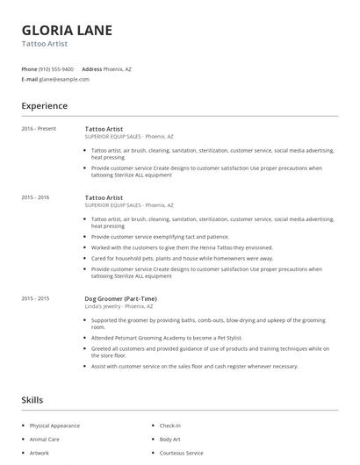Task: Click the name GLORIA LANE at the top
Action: point(67,30)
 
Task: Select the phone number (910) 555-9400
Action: point(57,68)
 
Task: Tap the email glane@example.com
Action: point(64,79)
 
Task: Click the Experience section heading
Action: point(44,106)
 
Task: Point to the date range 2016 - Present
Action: point(39,128)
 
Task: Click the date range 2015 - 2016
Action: point(35,197)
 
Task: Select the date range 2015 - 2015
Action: point(35,298)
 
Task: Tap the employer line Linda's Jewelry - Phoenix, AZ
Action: point(119,306)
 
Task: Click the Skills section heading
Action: point(32,400)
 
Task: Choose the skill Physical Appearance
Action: point(54,426)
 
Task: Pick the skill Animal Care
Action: point(44,439)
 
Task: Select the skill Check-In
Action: point(170,426)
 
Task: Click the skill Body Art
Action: point(169,439)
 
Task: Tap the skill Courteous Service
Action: point(181,453)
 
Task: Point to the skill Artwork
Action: point(40,453)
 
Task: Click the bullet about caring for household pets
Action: point(182,258)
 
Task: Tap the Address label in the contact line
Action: point(91,68)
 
